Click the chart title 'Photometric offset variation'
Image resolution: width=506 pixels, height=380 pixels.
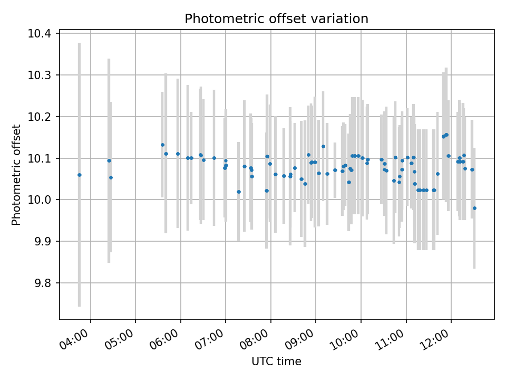276,19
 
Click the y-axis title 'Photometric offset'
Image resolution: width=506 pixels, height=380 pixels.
16,175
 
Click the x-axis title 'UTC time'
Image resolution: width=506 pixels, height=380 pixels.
276,362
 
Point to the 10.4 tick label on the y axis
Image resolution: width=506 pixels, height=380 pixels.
40,34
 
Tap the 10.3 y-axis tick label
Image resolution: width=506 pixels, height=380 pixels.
40,75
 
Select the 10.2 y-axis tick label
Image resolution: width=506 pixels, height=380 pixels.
40,117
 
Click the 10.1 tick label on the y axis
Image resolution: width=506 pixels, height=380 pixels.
40,158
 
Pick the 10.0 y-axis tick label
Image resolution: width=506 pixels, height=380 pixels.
40,200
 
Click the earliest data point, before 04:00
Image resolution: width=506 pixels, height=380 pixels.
80,175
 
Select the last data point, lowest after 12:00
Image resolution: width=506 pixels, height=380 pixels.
474,208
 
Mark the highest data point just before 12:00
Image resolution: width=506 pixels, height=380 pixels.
446,135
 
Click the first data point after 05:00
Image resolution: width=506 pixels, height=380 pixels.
162,145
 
